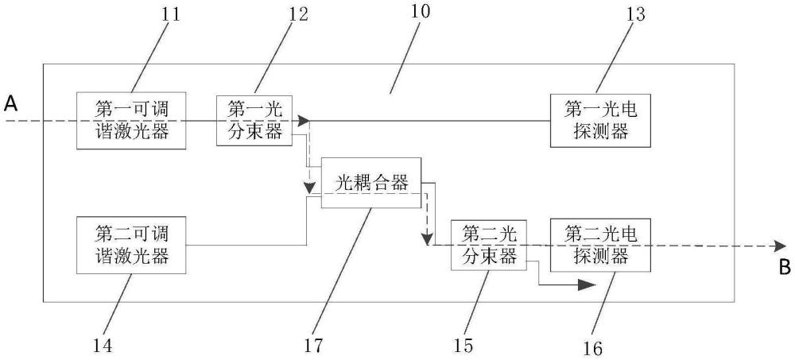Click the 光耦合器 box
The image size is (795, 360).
pos(370,184)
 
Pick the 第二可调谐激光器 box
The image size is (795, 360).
pos(132,246)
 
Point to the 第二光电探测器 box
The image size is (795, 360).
pos(600,246)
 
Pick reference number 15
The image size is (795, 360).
pos(463,345)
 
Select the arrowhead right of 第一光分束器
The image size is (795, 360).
pos(303,121)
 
